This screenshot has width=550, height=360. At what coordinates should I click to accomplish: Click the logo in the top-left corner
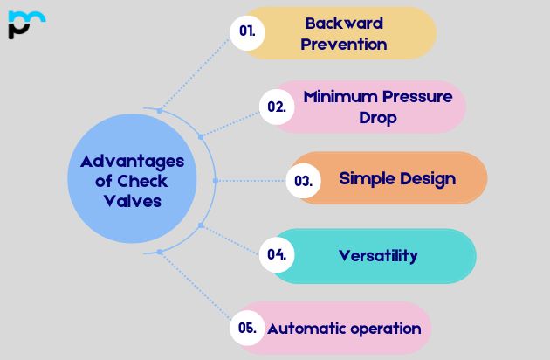point(26,24)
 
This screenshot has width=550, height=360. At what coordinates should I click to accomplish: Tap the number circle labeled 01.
point(247,31)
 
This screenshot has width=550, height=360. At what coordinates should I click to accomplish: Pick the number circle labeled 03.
point(303,181)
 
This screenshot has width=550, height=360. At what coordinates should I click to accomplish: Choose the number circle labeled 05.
point(247,329)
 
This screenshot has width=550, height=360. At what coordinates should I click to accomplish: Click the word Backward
point(343,23)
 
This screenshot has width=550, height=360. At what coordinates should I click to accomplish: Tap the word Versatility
point(378,255)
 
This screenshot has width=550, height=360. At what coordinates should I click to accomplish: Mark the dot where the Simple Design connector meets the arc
point(215,180)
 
